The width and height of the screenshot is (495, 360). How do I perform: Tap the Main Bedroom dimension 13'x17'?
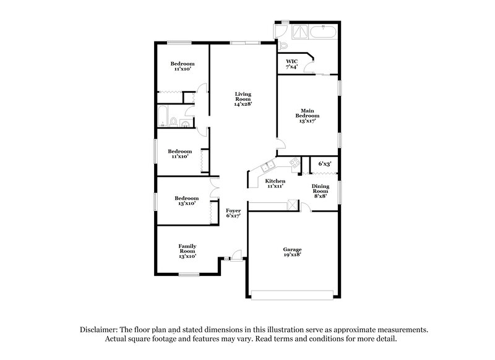coord(308,121)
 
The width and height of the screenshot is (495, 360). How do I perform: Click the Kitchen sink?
coord(267,166)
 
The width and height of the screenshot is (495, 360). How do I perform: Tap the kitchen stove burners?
coord(295,163)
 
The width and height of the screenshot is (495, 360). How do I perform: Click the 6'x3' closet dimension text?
coord(325,164)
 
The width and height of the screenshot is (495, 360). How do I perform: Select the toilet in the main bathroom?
coord(284,46)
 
